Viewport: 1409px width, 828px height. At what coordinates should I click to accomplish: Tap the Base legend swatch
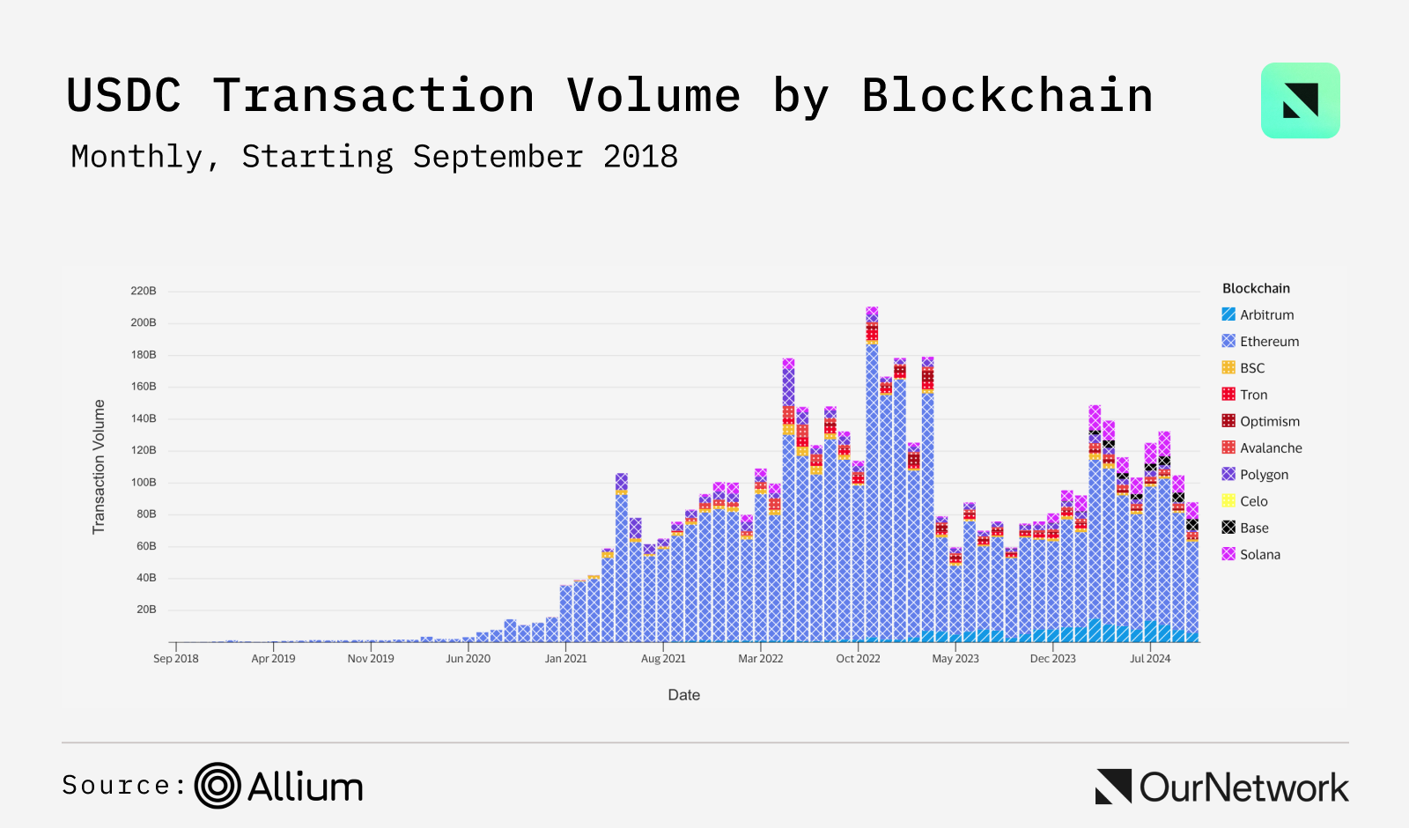tap(1228, 528)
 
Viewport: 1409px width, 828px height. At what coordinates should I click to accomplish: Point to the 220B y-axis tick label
tap(144, 291)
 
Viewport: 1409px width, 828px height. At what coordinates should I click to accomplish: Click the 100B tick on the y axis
tap(144, 482)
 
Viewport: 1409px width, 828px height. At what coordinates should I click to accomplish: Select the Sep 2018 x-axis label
tap(176, 658)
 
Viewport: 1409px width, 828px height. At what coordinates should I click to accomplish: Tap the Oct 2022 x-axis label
tap(858, 658)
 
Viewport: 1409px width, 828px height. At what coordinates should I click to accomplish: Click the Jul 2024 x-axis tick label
tap(1150, 658)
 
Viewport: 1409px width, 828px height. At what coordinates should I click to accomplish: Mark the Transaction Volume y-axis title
tap(99, 467)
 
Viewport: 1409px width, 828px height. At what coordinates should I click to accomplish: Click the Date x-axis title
tap(683, 695)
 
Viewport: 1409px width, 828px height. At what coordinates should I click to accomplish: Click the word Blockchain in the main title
tap(1007, 95)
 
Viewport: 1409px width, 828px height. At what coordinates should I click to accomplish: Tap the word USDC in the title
tap(124, 95)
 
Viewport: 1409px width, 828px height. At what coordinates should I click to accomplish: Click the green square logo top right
tap(1300, 100)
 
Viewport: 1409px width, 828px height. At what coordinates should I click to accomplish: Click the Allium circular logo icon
tap(218, 786)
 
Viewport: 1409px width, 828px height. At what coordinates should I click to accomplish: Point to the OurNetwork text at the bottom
tap(1243, 787)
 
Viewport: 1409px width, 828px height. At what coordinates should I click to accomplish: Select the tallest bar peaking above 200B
tap(872, 476)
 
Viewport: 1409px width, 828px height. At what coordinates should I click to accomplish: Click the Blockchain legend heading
tap(1256, 288)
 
